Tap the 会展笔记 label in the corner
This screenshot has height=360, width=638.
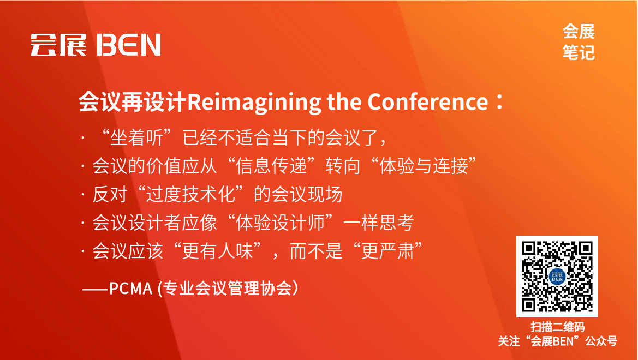tap(579, 42)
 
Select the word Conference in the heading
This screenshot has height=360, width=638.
tap(427, 102)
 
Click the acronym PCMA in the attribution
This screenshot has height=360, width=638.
tap(130, 288)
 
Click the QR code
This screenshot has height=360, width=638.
tap(557, 277)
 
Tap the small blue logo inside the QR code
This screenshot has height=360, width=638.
tap(557, 277)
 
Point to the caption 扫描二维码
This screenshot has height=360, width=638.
tap(557, 327)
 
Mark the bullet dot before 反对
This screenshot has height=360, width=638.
tap(82, 194)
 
